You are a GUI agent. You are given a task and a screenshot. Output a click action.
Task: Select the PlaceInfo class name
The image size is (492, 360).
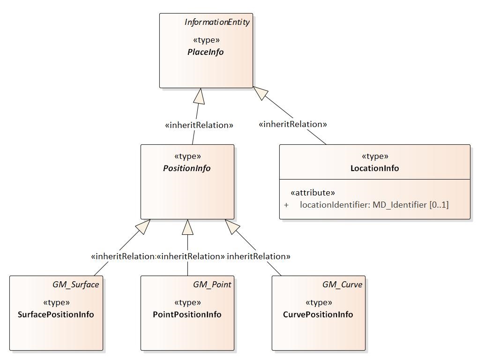pos(206,52)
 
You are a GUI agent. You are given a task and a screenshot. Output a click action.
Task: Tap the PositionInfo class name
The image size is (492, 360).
pos(187,168)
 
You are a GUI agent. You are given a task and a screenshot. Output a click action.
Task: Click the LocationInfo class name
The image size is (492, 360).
pos(375,168)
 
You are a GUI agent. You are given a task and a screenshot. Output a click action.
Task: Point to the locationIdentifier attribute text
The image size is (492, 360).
pos(374,204)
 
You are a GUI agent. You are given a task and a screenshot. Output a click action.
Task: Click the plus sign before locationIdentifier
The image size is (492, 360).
pos(286,205)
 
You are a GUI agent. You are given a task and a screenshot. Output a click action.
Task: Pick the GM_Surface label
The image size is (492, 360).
pos(76,284)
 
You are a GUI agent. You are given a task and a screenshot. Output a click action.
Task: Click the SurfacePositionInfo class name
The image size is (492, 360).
pos(56,314)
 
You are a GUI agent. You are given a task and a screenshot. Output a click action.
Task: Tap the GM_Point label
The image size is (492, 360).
pos(212,284)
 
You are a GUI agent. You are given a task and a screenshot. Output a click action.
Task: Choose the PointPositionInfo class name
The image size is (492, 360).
pos(187,314)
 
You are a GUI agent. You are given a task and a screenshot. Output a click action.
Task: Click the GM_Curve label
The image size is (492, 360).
pos(342,284)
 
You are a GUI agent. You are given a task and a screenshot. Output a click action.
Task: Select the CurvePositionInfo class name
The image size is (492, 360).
pos(319,314)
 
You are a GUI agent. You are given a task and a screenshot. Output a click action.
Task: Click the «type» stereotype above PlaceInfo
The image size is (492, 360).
pos(206,40)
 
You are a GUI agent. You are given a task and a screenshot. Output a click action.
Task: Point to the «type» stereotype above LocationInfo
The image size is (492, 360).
pos(375,157)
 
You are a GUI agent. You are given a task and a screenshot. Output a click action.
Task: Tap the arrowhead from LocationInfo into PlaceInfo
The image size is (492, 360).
pos(261,93)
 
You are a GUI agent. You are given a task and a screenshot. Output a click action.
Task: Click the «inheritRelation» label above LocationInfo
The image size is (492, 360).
pos(293,125)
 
